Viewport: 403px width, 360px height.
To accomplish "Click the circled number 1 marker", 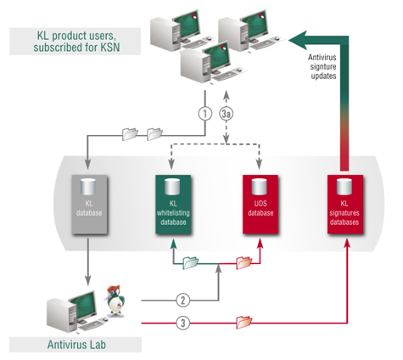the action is [205, 114].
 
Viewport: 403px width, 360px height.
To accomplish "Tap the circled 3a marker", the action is [227, 114].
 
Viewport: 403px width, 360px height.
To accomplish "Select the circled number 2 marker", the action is [183, 300].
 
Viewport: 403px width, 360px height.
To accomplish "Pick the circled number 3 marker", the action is [183, 323].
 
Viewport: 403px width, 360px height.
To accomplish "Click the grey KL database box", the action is [89, 205].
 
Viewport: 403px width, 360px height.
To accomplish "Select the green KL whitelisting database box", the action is [173, 205].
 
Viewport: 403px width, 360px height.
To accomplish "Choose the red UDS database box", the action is [260, 205].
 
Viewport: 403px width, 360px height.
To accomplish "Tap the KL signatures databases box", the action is [345, 205].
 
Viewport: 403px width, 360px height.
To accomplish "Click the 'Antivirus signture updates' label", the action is [322, 66].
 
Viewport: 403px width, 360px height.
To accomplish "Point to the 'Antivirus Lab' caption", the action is [76, 345].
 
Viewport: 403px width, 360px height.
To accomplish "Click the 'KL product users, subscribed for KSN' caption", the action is [76, 42].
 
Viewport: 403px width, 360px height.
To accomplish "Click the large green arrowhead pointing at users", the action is [299, 41].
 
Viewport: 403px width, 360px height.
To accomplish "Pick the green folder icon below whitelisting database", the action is [191, 262].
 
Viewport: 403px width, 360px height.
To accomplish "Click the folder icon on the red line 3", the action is [243, 322].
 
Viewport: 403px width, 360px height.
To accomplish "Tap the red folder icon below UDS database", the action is [243, 262].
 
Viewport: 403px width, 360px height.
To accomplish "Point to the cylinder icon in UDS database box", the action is [259, 187].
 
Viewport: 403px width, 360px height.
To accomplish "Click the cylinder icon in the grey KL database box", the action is [88, 187].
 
